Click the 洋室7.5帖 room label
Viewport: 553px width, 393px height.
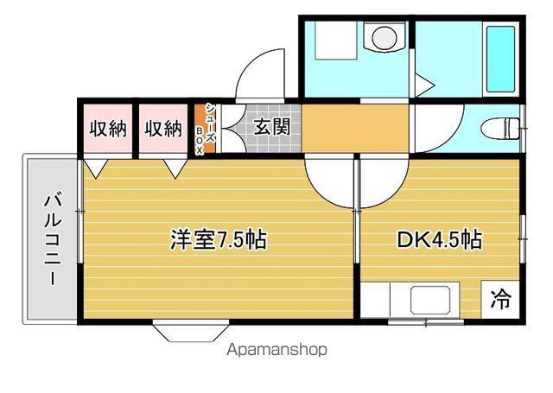219,239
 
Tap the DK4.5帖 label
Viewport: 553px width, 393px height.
440,239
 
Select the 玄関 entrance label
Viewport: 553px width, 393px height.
272,126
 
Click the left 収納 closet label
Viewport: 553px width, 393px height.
108,129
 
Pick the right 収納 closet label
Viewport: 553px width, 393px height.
163,129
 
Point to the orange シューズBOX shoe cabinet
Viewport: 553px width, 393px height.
205,129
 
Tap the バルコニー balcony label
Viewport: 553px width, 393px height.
53,239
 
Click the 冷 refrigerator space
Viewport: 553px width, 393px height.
500,300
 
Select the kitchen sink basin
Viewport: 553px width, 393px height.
430,300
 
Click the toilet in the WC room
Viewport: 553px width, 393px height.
500,129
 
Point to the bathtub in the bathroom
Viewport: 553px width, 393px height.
501,59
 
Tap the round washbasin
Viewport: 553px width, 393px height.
385,36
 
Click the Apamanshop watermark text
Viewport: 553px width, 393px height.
276,350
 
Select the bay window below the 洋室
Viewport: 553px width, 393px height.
191,331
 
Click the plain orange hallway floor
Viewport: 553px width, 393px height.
355,129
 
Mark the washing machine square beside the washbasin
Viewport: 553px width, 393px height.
336,40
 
